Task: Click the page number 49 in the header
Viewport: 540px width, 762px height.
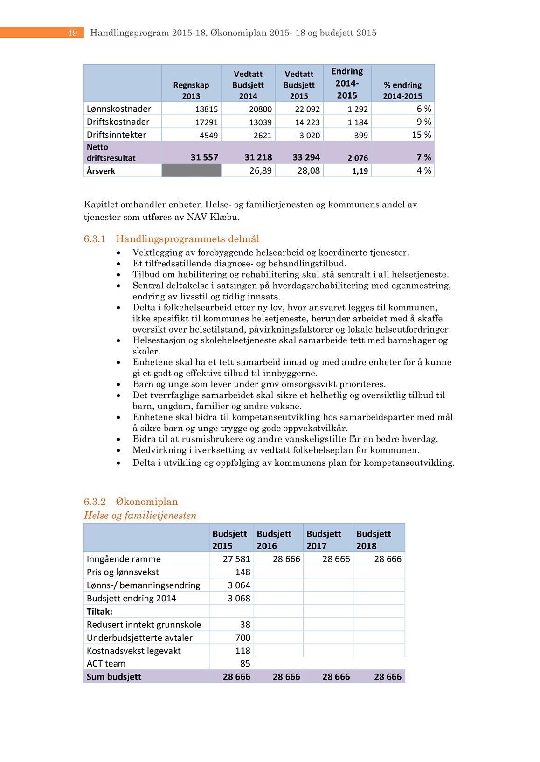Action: (x=72, y=33)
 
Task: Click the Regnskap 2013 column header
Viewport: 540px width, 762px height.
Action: (x=191, y=90)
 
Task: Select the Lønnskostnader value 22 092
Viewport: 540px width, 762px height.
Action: (x=307, y=109)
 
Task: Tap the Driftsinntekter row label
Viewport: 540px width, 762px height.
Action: (x=116, y=135)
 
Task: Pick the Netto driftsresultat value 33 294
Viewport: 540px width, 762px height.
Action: (x=306, y=157)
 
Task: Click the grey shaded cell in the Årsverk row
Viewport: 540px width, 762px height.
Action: (x=191, y=170)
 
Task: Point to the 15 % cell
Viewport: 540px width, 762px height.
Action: (x=421, y=135)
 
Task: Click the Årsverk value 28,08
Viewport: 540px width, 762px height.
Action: (x=308, y=170)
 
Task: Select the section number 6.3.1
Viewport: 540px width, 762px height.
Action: (x=95, y=239)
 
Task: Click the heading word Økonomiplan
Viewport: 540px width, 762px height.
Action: (x=146, y=502)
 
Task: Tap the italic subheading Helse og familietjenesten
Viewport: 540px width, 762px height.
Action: (x=140, y=515)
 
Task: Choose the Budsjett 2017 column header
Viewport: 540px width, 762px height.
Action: (x=324, y=539)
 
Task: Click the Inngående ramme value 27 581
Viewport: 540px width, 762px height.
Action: (x=236, y=559)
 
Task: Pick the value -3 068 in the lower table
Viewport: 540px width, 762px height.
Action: (x=237, y=598)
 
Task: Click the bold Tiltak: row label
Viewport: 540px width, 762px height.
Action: (x=99, y=612)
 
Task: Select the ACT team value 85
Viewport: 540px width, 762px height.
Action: (x=245, y=663)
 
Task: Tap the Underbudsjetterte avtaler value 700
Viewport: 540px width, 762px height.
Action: (x=242, y=638)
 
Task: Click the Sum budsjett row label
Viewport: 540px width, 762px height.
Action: (x=114, y=676)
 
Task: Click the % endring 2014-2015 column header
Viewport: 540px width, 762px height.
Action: (x=402, y=90)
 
